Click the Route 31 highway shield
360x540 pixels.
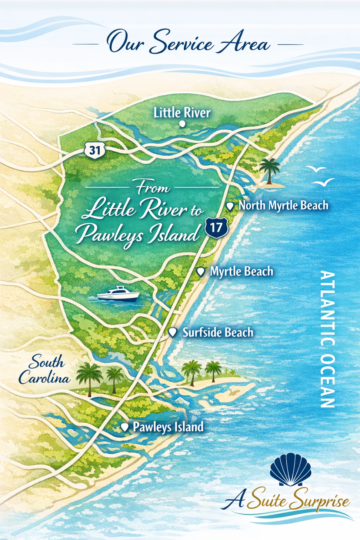[x=95, y=150]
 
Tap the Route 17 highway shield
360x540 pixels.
[x=216, y=227]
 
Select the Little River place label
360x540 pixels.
[x=182, y=113]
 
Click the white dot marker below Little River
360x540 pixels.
[x=182, y=124]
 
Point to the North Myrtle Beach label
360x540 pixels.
[x=283, y=205]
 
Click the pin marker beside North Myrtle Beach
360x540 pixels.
[x=230, y=206]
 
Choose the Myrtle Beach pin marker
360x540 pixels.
[x=201, y=272]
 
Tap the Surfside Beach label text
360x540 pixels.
[x=218, y=332]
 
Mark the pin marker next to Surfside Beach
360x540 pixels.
[x=172, y=332]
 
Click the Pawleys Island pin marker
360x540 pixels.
[x=125, y=427]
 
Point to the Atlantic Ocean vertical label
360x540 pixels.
[x=328, y=339]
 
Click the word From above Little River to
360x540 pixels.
[x=153, y=188]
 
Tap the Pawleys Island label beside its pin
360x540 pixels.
[x=168, y=427]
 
